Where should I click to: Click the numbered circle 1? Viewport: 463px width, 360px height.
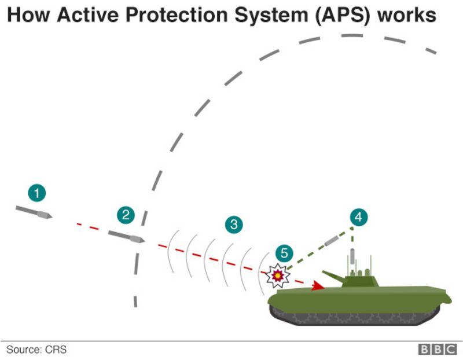point(37,193)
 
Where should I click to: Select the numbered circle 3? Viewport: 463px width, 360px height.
point(233,225)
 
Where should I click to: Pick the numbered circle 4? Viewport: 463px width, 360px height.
point(359,218)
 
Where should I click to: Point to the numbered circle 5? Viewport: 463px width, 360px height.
point(284,253)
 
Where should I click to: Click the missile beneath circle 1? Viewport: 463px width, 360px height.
point(34,212)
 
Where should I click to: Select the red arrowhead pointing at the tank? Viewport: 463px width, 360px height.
point(317,285)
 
